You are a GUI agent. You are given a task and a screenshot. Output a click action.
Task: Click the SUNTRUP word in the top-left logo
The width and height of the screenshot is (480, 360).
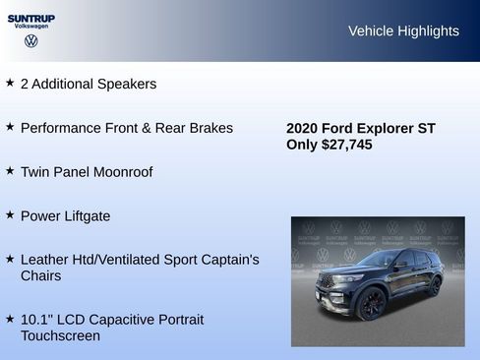(31, 18)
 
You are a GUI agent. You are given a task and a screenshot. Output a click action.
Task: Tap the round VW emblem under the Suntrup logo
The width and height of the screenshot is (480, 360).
(31, 41)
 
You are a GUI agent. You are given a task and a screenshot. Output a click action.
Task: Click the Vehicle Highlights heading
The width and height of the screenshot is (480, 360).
(403, 31)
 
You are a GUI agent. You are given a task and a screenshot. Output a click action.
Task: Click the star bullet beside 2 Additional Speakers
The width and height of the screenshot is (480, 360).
(10, 84)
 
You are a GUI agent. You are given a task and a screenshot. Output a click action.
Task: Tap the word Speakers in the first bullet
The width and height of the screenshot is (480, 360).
(127, 85)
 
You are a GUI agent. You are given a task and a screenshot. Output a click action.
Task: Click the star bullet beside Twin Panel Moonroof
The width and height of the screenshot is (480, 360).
(10, 170)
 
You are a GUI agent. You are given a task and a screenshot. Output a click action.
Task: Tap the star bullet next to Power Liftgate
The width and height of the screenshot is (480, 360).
(10, 213)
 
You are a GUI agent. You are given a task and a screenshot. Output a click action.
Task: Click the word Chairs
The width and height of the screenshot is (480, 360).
(41, 276)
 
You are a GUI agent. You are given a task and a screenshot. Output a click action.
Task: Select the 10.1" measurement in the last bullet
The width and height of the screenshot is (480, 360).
(36, 320)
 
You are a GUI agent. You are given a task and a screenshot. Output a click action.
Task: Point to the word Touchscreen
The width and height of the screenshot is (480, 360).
(60, 336)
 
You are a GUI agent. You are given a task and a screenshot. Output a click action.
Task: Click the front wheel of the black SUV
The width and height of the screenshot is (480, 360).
(371, 304)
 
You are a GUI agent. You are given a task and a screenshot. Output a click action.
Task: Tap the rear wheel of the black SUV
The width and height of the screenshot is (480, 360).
(434, 287)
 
